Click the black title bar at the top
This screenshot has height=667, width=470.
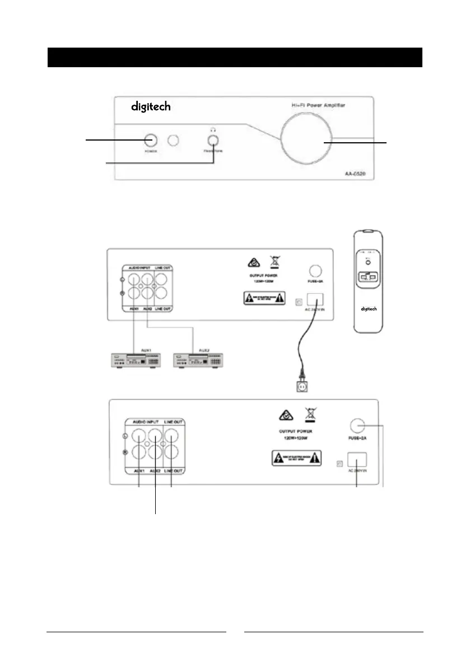(234, 57)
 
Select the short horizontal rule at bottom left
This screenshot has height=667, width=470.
(137, 633)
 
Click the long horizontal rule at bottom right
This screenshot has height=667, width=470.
(334, 633)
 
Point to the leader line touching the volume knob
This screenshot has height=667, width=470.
(359, 143)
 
